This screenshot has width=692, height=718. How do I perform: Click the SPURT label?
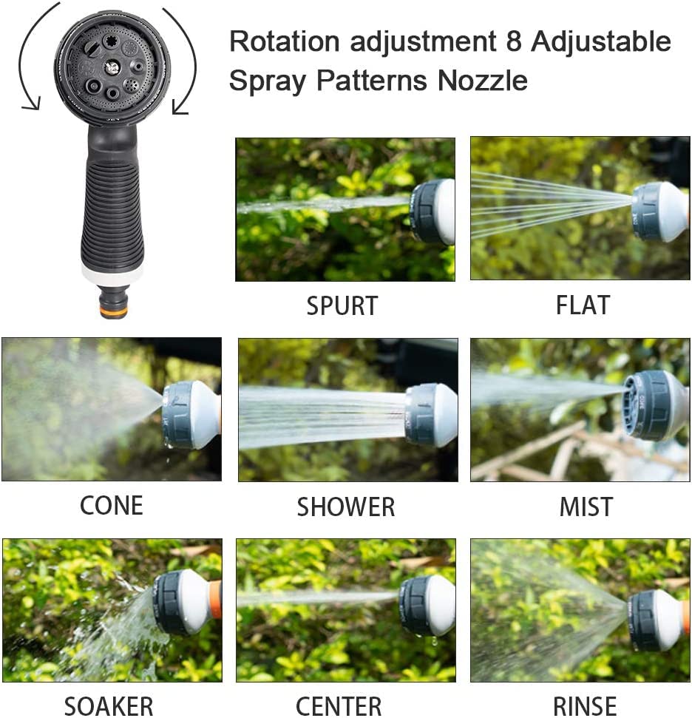click(342, 305)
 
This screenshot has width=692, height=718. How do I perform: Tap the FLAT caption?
click(583, 305)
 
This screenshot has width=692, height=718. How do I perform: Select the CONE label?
click(111, 506)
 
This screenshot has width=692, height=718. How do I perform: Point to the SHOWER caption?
click(345, 507)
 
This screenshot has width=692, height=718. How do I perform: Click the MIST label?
click(586, 507)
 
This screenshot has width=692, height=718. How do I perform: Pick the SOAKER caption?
click(109, 705)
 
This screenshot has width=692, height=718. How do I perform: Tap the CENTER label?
click(339, 705)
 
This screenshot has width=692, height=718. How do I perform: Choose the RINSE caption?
click(584, 705)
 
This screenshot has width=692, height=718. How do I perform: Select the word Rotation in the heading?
click(285, 41)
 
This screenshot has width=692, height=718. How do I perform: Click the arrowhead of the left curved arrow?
click(30, 105)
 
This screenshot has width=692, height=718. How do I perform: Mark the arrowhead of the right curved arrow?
click(180, 109)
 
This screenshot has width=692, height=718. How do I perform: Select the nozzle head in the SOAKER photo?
click(181, 602)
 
